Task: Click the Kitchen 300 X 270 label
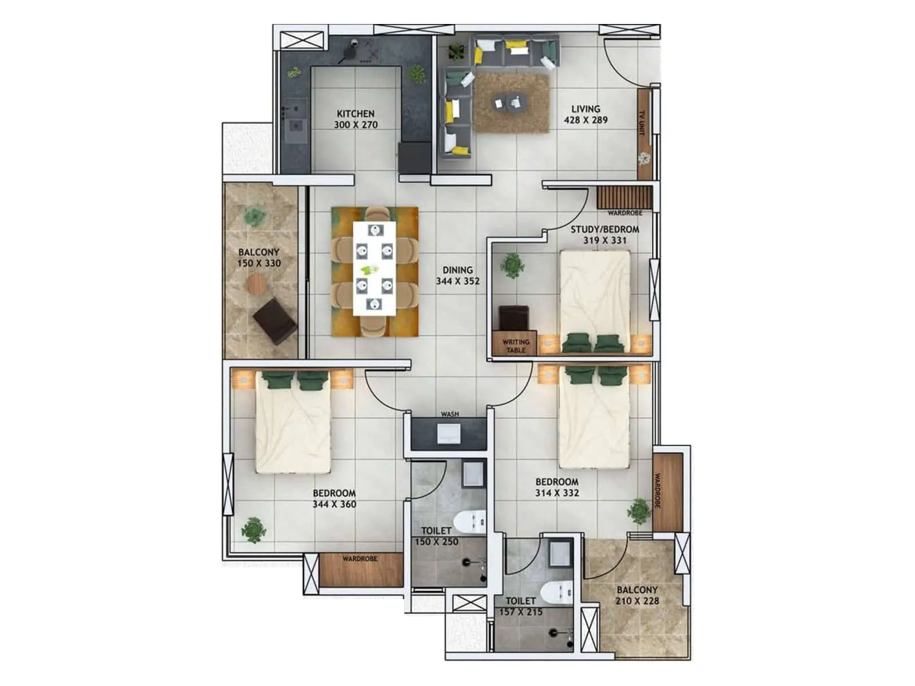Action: [355, 119]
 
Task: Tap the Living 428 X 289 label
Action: [586, 114]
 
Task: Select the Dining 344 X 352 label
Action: [457, 275]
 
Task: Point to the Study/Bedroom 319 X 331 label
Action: [604, 235]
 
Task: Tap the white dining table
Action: [375, 268]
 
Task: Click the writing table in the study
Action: [515, 345]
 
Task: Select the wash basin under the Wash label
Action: [449, 433]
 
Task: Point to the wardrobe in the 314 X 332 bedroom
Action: [668, 492]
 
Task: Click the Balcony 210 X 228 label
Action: [637, 595]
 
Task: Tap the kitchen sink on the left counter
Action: [296, 125]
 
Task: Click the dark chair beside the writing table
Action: [514, 318]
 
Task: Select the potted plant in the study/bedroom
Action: [511, 266]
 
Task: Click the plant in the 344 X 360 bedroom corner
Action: [253, 529]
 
